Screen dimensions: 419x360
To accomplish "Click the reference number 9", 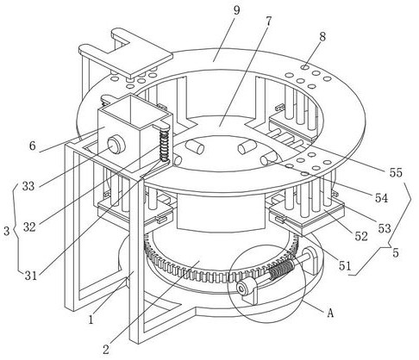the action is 236,10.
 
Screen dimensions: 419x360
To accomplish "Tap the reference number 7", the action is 268,22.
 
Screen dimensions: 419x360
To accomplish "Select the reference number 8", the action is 322,37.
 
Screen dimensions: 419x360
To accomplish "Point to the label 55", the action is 396,172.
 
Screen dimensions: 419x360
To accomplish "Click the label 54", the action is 381,198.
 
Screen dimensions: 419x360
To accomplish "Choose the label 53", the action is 385,228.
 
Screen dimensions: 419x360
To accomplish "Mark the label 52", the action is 361,236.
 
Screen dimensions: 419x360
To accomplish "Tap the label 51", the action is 345,266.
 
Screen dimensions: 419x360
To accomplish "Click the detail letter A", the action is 330,313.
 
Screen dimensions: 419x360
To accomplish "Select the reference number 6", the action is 33,146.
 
